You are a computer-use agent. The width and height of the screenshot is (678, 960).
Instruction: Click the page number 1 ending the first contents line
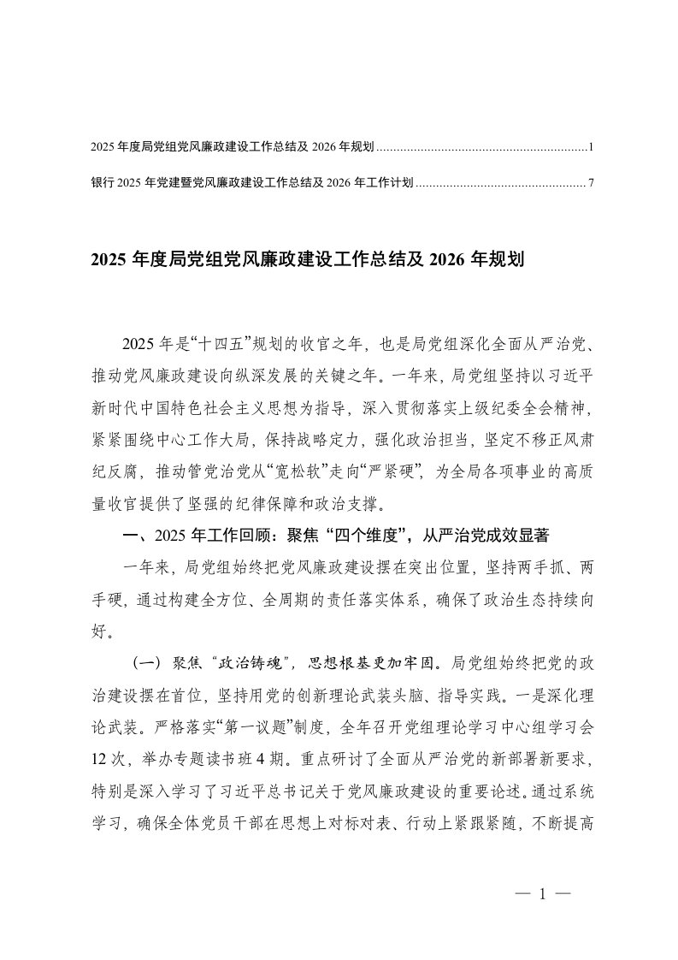point(591,148)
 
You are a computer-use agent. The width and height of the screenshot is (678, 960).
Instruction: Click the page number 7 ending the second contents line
point(591,182)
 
